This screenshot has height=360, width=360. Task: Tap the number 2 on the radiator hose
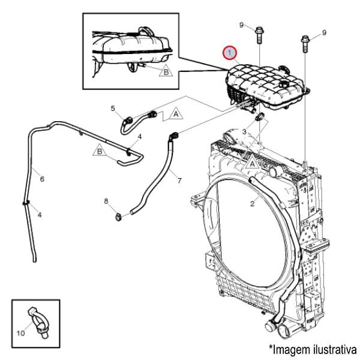click(252, 204)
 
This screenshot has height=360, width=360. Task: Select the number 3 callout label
click(245, 131)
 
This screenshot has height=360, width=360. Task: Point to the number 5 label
click(112, 108)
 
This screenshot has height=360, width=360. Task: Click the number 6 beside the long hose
click(42, 179)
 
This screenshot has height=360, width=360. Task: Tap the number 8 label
click(107, 200)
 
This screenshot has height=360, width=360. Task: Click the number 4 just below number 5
click(139, 137)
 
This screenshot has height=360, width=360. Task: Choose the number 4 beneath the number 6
click(40, 214)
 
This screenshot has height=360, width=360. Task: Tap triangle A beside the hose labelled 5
click(176, 112)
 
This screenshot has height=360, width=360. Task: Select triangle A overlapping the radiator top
click(253, 161)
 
